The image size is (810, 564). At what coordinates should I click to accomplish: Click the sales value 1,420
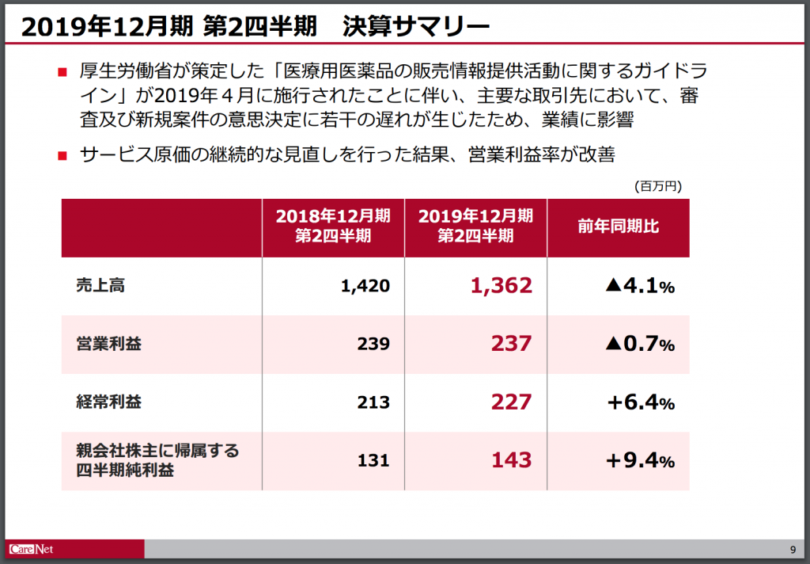(365, 286)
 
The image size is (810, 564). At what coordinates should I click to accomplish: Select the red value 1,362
(501, 286)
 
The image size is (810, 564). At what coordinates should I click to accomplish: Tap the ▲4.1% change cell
(640, 286)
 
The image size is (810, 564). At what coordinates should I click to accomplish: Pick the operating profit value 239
(373, 344)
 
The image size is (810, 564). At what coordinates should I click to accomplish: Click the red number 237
(512, 344)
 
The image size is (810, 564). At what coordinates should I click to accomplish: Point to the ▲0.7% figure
(640, 344)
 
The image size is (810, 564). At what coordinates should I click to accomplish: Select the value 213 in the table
(373, 402)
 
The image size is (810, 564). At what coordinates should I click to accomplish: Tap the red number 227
(512, 402)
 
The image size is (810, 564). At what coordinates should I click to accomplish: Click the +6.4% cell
(641, 402)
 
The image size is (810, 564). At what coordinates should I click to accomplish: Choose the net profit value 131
(373, 460)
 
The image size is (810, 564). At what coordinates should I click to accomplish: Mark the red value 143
(512, 460)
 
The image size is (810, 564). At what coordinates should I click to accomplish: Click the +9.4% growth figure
(641, 460)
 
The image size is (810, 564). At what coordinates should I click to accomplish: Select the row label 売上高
(100, 285)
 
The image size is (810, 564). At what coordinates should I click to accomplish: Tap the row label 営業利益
(109, 344)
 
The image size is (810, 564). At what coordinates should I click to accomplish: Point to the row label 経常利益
(109, 402)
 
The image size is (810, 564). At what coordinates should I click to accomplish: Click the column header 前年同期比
(619, 226)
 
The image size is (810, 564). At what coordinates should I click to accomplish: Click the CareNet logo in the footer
(31, 549)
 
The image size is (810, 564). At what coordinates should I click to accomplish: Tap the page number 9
(793, 550)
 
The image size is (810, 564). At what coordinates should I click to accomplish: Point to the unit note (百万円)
(658, 186)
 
